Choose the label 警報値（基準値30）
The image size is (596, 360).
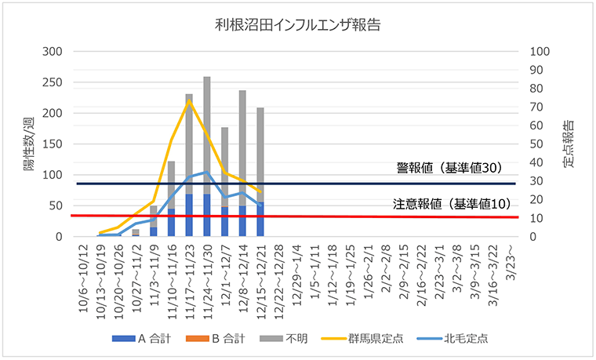point(449,168)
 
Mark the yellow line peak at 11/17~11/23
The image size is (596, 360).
point(189,100)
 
